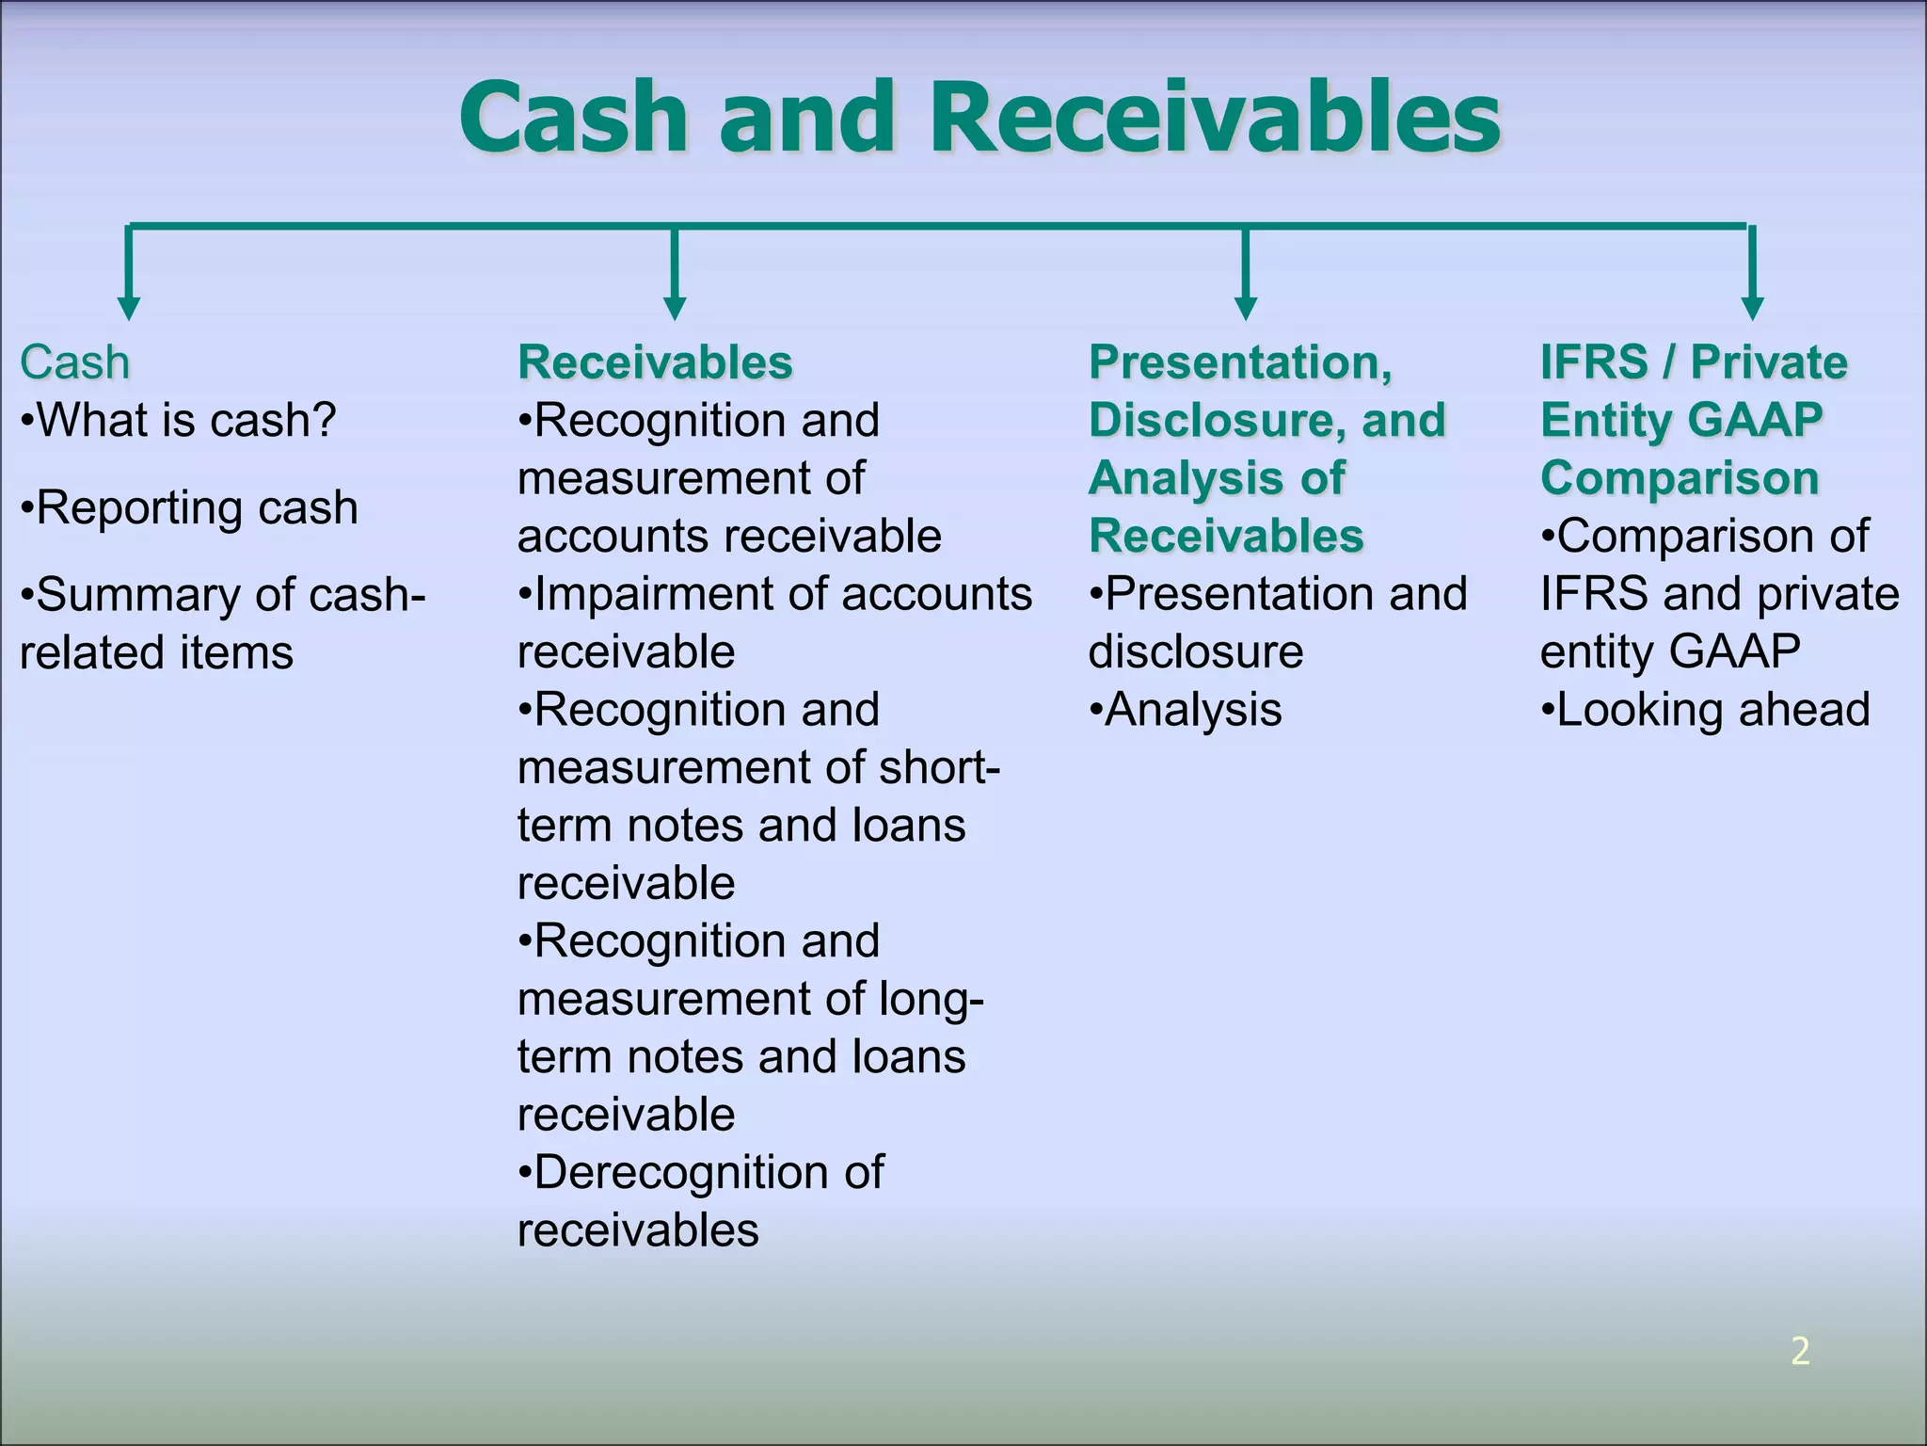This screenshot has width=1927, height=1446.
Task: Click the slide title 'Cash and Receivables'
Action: (979, 118)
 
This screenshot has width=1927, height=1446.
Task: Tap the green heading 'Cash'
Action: (74, 362)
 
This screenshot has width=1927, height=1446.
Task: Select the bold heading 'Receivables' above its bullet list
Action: (655, 362)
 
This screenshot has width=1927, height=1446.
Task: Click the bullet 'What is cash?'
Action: (179, 420)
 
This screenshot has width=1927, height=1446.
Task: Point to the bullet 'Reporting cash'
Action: (190, 508)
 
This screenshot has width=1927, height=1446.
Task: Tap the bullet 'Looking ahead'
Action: (1706, 710)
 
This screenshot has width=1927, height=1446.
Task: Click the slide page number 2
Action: (1800, 1351)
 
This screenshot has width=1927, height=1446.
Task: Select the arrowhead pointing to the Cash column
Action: (129, 308)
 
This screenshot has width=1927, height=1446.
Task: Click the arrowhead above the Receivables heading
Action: (675, 308)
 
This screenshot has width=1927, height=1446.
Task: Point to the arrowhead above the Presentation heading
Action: (1246, 308)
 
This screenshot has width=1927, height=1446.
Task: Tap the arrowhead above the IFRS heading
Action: (1752, 308)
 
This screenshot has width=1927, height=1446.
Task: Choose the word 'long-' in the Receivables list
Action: (931, 999)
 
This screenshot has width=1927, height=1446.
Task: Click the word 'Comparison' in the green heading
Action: (1680, 478)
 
